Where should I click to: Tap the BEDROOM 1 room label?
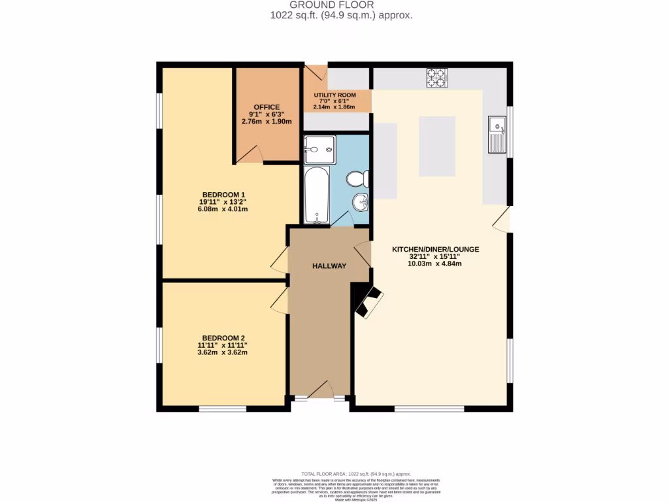point(223,195)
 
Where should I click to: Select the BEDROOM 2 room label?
point(223,338)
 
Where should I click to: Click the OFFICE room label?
point(267,107)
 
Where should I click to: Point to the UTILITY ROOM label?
point(334,95)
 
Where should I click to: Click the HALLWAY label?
point(329,265)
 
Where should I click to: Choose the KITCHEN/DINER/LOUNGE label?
point(436,249)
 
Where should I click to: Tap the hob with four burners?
point(436,78)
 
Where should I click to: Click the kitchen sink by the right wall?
point(497,134)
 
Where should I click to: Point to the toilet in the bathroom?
point(358,178)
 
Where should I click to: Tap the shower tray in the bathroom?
point(319,150)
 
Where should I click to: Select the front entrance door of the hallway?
point(320,390)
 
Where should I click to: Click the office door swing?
point(251,154)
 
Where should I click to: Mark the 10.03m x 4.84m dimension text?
point(434,264)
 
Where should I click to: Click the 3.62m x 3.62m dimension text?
point(223,352)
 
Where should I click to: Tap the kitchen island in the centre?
point(437,146)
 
